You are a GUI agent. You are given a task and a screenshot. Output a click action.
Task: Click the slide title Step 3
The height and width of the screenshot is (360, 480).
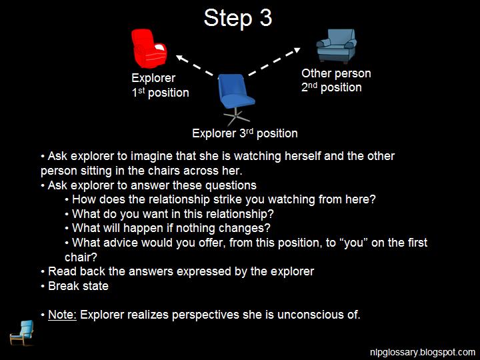(238, 18)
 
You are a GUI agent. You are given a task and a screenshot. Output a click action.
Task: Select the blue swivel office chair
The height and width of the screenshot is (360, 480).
(237, 95)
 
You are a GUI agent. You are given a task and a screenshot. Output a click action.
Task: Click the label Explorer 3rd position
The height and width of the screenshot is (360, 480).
(245, 133)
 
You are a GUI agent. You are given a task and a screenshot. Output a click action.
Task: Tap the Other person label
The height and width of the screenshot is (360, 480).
(336, 73)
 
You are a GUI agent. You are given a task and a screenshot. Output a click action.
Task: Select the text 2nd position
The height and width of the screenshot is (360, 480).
(331, 87)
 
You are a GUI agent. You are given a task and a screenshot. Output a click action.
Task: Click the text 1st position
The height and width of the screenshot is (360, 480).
(160, 93)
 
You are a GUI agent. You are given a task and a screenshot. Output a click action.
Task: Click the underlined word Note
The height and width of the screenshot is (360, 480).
(62, 315)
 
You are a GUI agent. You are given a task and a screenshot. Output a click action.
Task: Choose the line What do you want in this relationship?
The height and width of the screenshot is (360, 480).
(173, 214)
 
